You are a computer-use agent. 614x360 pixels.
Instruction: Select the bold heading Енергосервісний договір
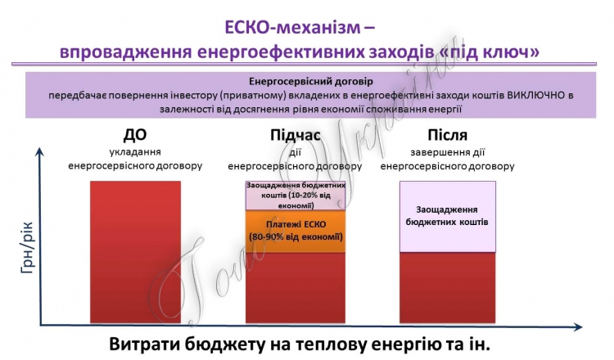point(311,82)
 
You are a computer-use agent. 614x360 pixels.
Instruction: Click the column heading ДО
point(135,135)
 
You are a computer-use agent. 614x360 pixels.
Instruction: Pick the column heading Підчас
point(296,135)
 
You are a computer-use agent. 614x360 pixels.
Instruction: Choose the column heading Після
point(447,135)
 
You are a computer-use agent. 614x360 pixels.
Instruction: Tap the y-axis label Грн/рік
point(27,248)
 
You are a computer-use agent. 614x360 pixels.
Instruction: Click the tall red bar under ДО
point(135,252)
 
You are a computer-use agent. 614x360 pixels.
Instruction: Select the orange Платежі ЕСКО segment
point(296,232)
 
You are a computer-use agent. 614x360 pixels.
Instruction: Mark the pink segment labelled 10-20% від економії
point(296,196)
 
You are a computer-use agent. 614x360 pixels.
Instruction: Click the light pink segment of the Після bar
point(448,216)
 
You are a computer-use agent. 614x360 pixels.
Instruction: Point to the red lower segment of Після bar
point(448,288)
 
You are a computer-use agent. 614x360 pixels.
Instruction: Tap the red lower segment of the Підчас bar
point(296,288)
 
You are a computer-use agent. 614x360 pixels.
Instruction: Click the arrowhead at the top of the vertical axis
point(39,151)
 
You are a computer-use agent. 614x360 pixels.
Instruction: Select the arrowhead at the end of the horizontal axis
point(578,326)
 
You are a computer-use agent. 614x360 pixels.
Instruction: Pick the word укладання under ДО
point(135,152)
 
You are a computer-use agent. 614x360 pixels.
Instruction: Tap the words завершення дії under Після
point(447,152)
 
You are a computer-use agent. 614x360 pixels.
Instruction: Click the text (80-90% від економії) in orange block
point(296,237)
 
